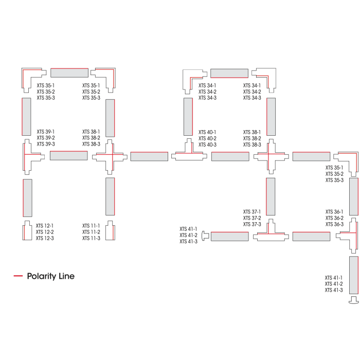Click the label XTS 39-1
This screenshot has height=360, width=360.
click(46, 132)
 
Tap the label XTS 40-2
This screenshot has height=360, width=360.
click(207, 138)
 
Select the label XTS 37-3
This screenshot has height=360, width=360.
click(252, 224)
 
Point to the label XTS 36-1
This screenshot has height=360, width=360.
click(334, 212)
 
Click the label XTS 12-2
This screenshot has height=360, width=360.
click(45, 232)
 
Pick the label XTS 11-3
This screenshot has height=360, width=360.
click(92, 238)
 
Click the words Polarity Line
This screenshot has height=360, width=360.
click(51, 276)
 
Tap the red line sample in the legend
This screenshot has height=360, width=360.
click(18, 276)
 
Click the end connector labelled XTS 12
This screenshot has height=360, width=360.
click(27, 231)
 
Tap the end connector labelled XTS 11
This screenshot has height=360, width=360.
click(110, 231)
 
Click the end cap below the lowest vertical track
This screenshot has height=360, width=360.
click(354, 300)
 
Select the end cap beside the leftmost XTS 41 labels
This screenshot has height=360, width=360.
click(205, 236)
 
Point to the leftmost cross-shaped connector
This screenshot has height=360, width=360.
click(110, 157)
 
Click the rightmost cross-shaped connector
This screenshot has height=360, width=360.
click(271, 156)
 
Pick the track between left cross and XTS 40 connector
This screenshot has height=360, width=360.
click(149, 156)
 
